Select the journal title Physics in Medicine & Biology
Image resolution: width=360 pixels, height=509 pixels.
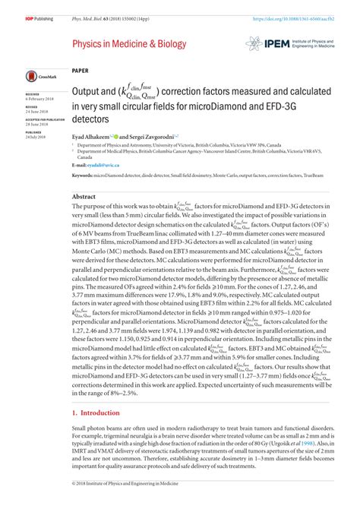click(x=128, y=45)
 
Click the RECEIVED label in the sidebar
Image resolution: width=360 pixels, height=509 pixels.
click(x=33, y=96)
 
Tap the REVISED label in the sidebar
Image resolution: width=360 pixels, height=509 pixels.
click(x=32, y=107)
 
